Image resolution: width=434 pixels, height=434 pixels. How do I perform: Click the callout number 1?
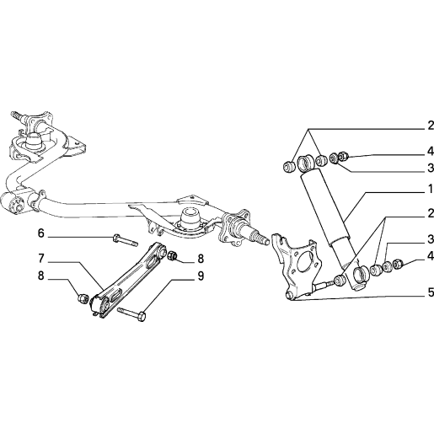(431, 190)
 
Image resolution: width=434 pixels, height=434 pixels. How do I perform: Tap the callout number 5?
(431, 292)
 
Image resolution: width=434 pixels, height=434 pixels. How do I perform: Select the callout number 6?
(41, 233)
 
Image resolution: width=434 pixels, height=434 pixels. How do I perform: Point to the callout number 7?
(41, 259)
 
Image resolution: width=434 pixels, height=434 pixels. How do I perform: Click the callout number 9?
(201, 276)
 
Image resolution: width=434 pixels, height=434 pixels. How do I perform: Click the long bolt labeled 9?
(131, 313)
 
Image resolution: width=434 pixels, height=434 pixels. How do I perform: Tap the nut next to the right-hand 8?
(172, 255)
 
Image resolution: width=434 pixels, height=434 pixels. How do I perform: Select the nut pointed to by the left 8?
(83, 297)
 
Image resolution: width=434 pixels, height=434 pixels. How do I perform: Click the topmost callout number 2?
(431, 126)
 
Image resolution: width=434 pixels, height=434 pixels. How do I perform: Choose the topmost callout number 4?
(431, 152)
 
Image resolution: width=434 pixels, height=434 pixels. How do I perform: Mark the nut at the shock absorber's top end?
(344, 156)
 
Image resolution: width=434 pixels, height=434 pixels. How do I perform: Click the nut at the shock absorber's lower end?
(398, 264)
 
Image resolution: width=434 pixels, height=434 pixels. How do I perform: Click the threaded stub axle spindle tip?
(262, 238)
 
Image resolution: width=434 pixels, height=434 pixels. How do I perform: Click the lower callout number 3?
(431, 239)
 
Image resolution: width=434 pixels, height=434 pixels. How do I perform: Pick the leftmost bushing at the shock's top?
(288, 167)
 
